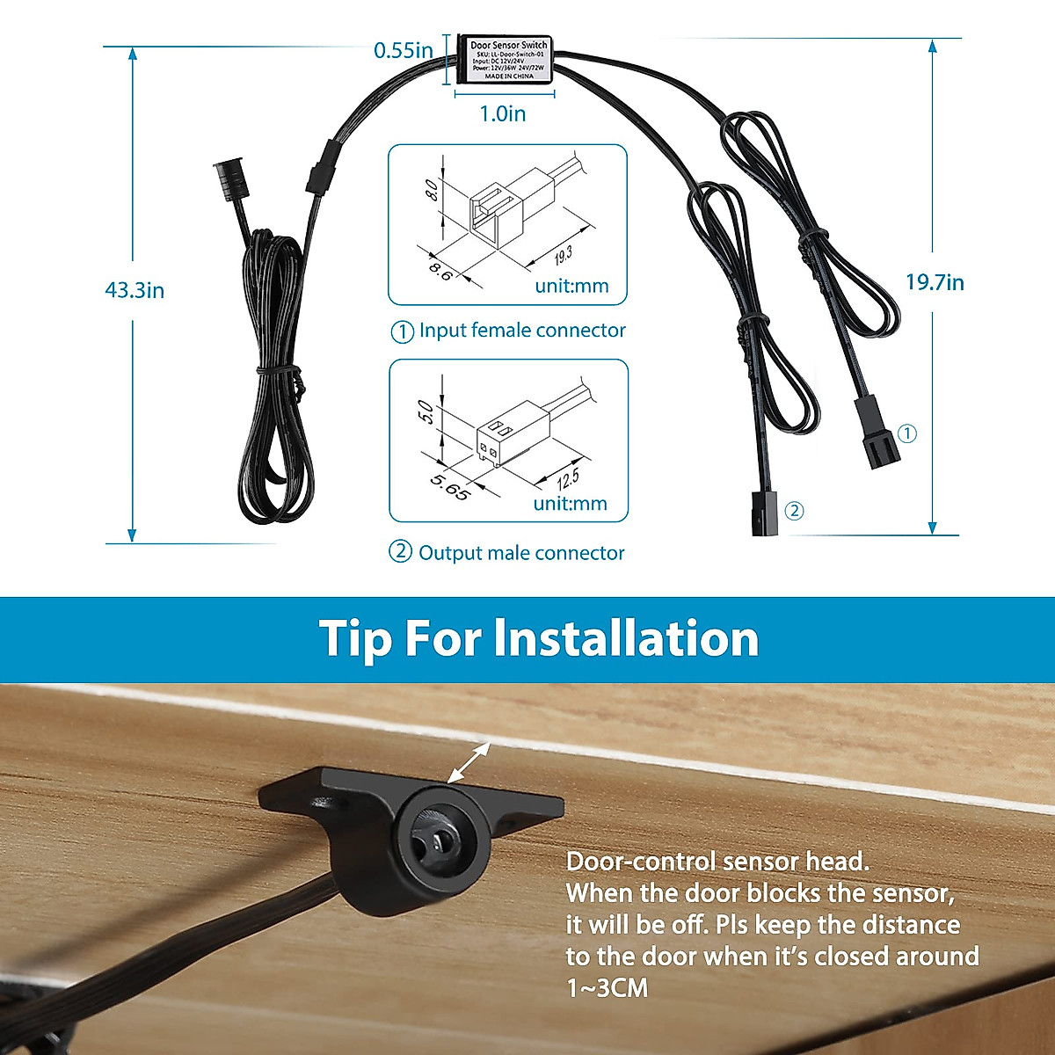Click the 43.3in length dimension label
point(135,290)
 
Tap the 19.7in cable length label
point(935,282)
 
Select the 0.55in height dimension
point(404,50)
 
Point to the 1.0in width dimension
point(503,113)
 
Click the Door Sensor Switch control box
point(508,60)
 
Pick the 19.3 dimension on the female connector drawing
point(563,255)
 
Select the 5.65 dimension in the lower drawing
point(449,486)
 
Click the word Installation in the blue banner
point(626,638)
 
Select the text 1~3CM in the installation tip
point(608,988)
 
